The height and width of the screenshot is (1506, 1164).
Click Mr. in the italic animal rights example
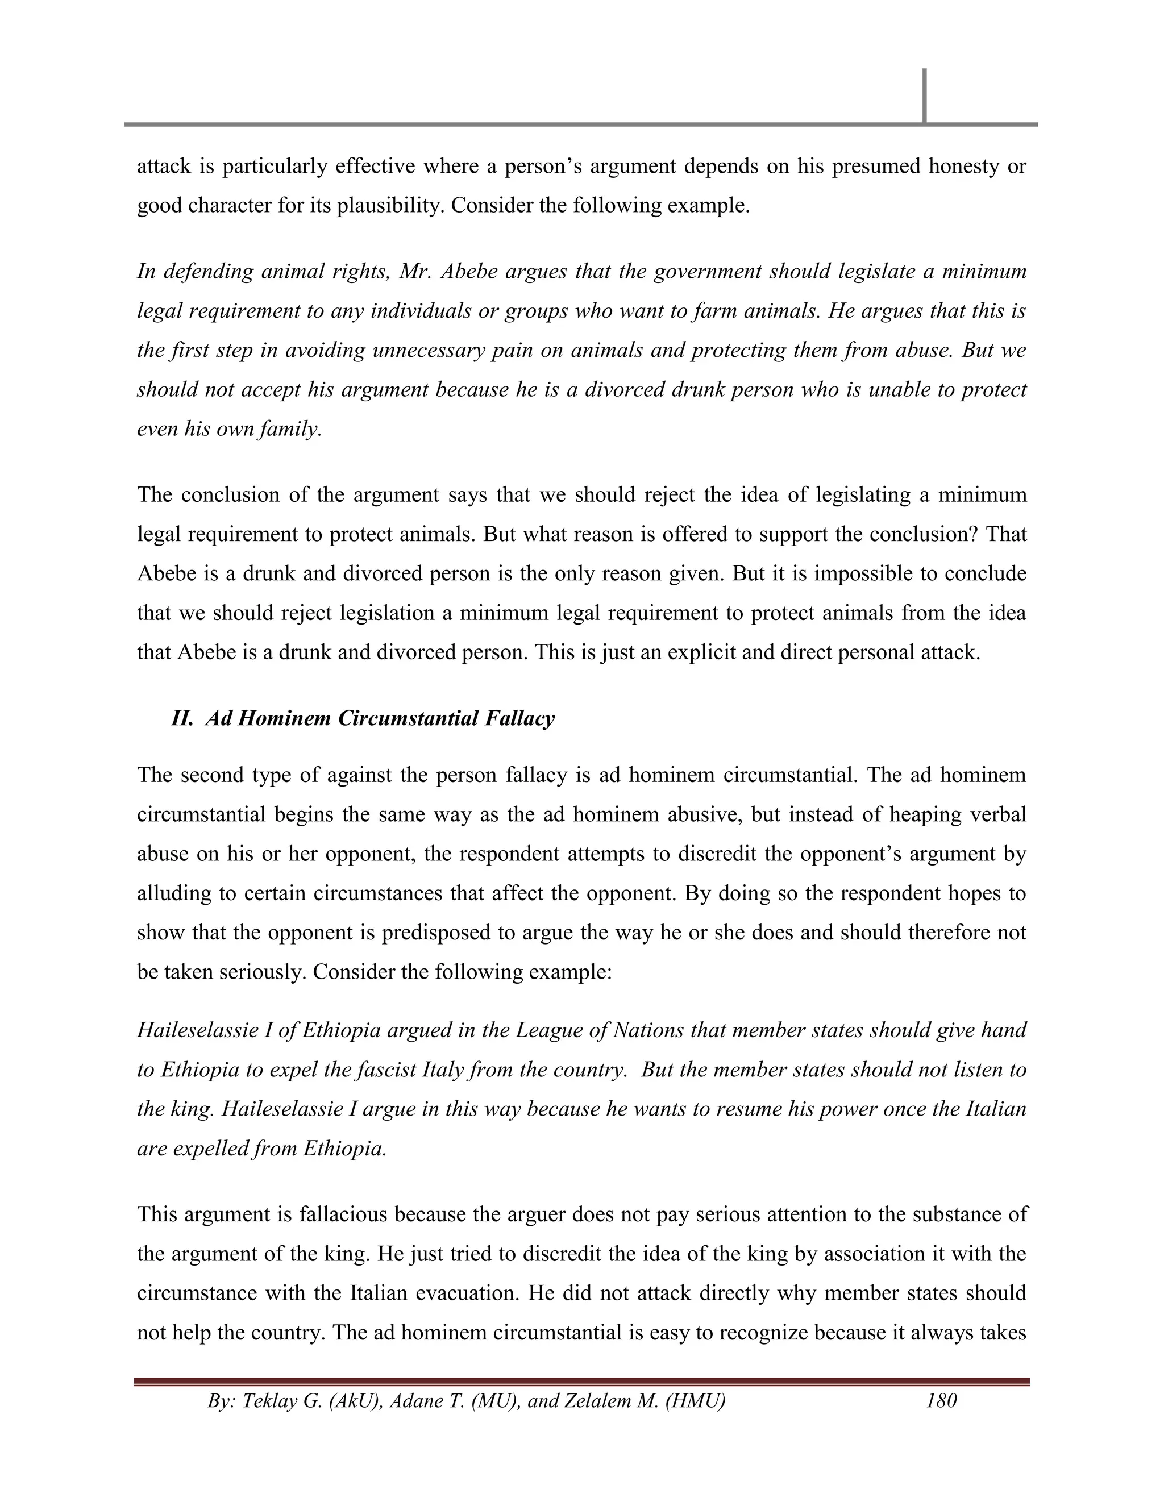(414, 271)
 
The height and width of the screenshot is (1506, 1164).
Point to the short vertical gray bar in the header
(924, 96)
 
